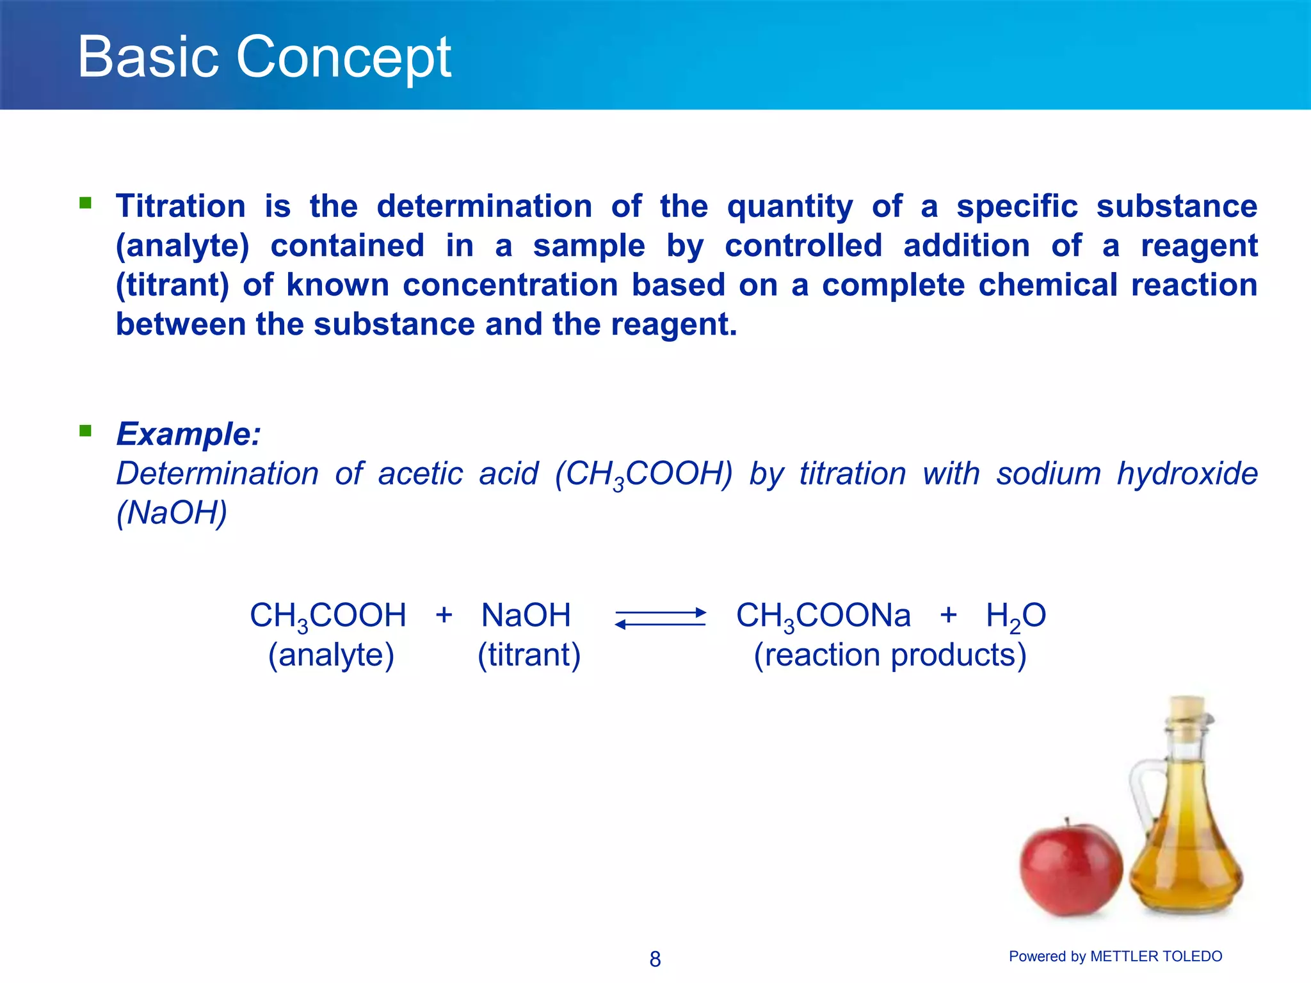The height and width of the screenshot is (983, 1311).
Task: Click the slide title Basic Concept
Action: pos(264,58)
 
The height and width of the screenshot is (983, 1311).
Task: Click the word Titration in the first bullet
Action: pos(181,207)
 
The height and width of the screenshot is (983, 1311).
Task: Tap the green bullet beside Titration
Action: pos(85,203)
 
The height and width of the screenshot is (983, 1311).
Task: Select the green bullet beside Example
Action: pos(85,430)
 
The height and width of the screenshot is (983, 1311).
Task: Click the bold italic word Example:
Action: pos(188,434)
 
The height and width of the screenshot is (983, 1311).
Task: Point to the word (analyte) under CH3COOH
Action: pos(331,655)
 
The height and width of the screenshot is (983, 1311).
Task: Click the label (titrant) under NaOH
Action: pos(529,655)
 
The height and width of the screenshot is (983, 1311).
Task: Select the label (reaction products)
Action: pos(890,655)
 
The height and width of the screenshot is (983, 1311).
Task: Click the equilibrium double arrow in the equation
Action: pos(660,618)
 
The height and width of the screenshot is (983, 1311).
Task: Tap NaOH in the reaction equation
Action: pos(526,616)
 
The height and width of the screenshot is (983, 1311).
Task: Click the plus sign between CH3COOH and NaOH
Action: pos(444,615)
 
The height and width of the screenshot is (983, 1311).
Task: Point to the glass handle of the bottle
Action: pos(1143,794)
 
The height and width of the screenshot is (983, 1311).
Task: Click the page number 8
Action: pos(655,959)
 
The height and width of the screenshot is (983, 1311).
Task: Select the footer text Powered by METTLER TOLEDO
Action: pos(1115,956)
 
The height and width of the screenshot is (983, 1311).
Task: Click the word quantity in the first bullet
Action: pos(790,207)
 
